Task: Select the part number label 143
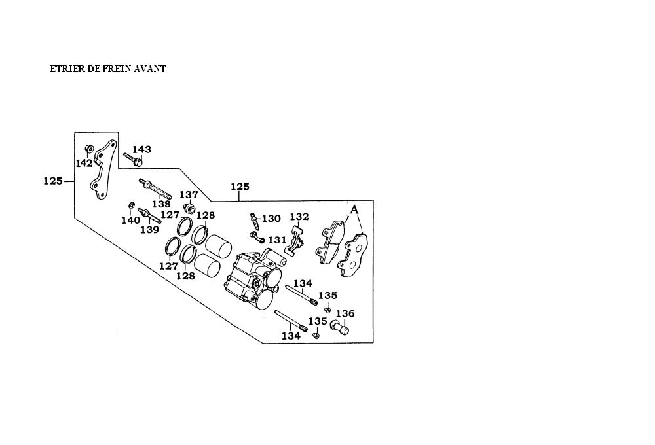(141, 150)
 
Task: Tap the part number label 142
(84, 163)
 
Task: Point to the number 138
(161, 204)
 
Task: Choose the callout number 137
(189, 195)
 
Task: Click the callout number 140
(130, 221)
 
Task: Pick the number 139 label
(150, 230)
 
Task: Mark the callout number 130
(271, 219)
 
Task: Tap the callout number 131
(277, 240)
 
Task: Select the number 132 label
(299, 217)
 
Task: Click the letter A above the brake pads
(354, 209)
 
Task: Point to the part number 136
(345, 313)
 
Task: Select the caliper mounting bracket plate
(102, 173)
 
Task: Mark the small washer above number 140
(131, 207)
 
